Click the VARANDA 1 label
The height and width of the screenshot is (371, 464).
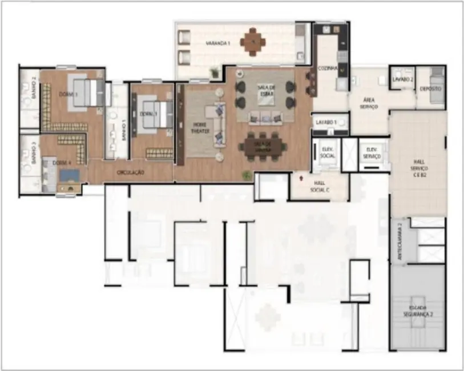tap(218, 43)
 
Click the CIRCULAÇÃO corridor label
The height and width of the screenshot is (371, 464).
tap(130, 172)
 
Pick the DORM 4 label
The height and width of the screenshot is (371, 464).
tap(62, 163)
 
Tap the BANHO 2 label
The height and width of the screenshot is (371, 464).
tap(34, 89)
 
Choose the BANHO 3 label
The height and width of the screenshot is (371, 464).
tap(34, 155)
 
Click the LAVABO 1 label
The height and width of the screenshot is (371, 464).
tap(327, 122)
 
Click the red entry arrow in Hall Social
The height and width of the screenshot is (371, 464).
tap(301, 178)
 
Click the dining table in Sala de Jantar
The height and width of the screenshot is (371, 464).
tap(263, 146)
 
